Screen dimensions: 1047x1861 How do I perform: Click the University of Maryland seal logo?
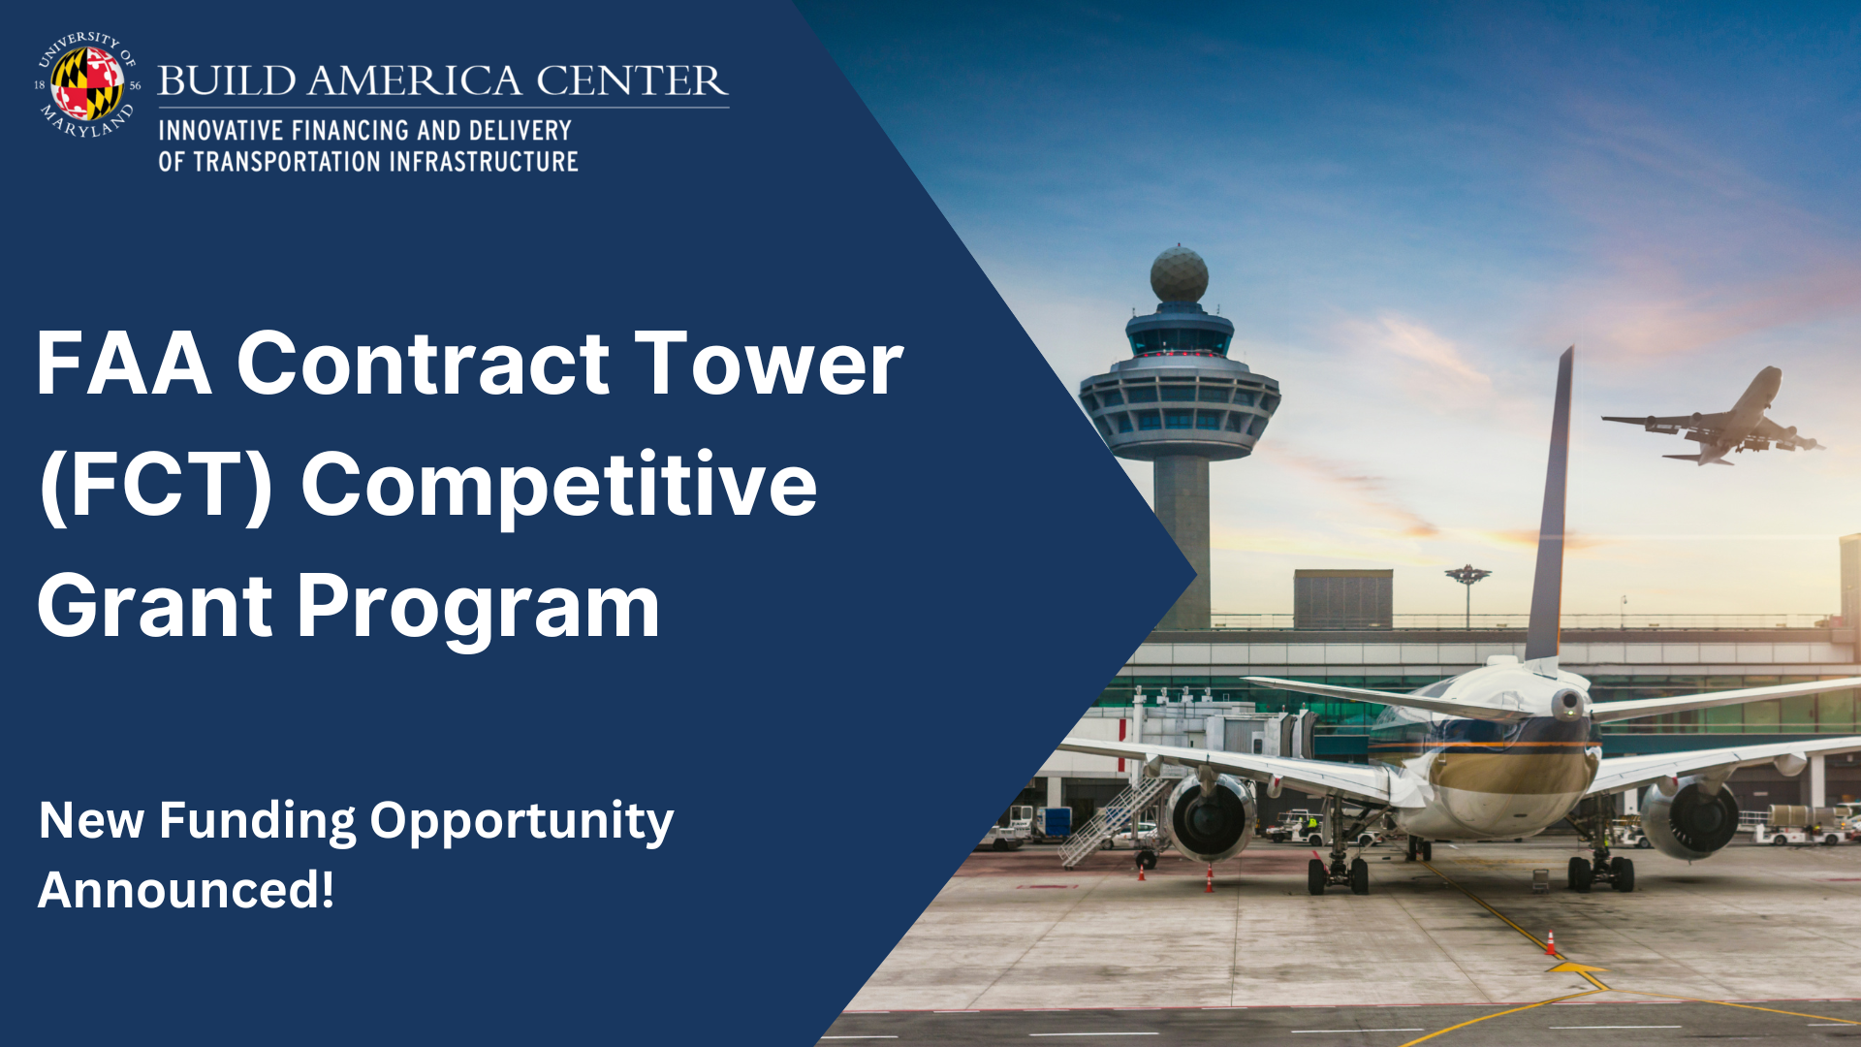[x=87, y=84]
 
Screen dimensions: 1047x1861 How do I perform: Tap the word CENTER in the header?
[x=630, y=81]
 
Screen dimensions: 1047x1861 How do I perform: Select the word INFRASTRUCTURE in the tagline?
[x=483, y=162]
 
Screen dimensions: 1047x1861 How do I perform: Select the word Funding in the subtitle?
[x=257, y=821]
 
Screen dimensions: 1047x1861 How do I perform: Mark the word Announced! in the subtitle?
[x=186, y=890]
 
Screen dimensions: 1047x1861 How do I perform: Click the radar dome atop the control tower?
[x=1179, y=275]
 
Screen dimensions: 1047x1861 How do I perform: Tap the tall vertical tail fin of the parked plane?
[x=1551, y=504]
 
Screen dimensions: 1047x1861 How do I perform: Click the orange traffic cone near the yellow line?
[x=1550, y=942]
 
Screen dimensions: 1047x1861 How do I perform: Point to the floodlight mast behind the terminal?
[x=1467, y=591]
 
